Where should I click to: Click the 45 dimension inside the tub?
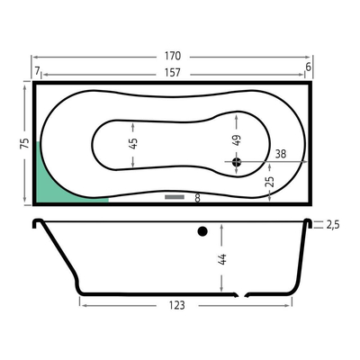pos(134,144)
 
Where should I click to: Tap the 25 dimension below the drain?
pos(269,182)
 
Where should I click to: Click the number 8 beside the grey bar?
pos(197,196)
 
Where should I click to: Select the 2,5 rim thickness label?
pos(332,223)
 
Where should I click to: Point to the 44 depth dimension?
pos(221,259)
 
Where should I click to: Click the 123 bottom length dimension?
pos(176,305)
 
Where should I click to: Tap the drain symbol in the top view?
pos(237,162)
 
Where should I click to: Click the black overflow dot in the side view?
pos(202,232)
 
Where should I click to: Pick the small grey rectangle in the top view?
pos(175,195)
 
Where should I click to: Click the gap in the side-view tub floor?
pos(242,292)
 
